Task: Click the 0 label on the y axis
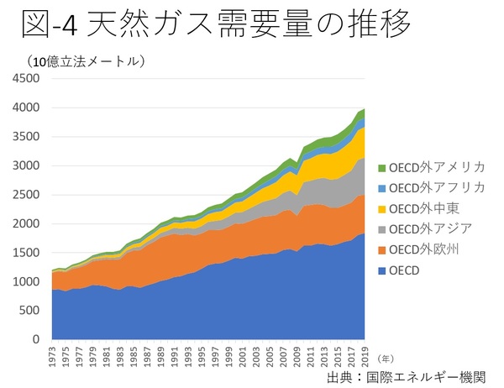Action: point(37,339)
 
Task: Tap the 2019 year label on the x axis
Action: point(364,356)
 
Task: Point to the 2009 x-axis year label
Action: point(297,356)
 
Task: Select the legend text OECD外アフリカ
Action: point(438,186)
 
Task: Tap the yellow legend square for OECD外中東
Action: point(382,207)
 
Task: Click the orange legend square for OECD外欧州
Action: point(382,249)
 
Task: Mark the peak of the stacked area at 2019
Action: point(364,109)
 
